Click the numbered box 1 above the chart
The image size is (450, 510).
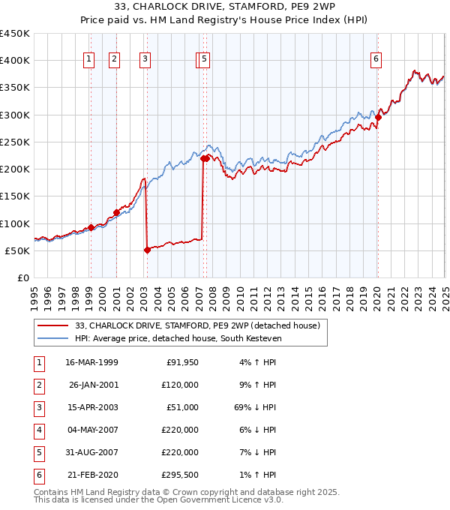pos(89,60)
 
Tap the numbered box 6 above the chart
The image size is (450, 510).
pos(376,60)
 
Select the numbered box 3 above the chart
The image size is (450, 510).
pos(144,60)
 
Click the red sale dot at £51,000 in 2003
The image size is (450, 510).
pos(147,250)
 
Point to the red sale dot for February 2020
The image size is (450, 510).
pos(379,117)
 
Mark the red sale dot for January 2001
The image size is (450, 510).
pos(116,212)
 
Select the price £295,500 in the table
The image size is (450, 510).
pos(180,474)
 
